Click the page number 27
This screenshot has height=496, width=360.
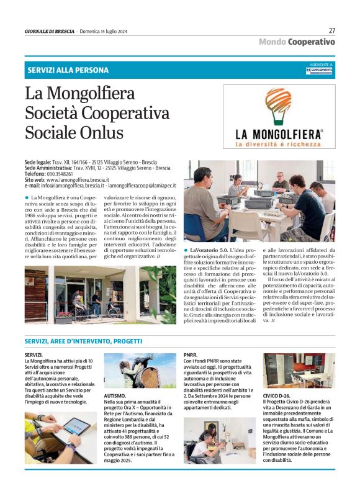coord(331,30)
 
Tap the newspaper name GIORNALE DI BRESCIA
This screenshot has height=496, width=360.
coord(50,31)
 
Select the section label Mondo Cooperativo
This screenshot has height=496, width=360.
coord(297,42)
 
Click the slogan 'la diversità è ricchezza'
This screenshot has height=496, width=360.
coord(279,145)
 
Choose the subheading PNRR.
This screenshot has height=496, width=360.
coord(191,355)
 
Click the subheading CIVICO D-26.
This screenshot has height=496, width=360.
coord(276,395)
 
